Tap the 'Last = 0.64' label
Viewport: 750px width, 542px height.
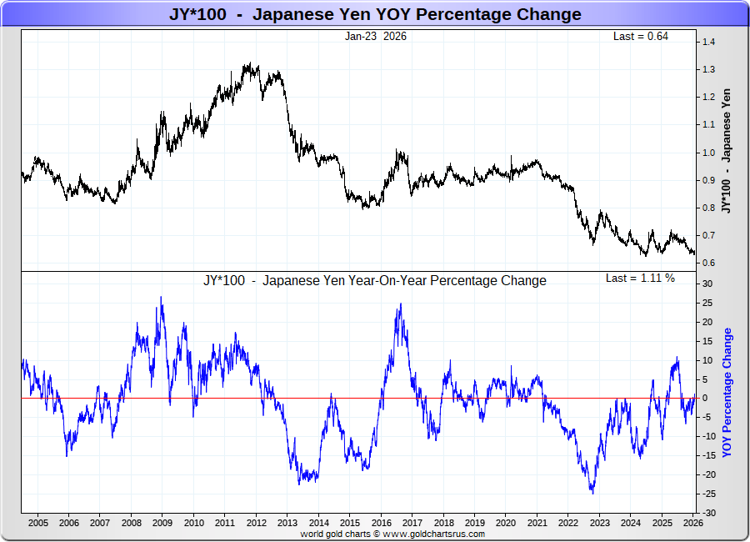point(640,36)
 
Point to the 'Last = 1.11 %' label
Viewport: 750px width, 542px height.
point(640,278)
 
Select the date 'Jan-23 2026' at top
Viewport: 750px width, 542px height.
point(376,36)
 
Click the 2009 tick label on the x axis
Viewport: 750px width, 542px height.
point(162,523)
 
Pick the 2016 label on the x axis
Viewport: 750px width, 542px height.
point(381,523)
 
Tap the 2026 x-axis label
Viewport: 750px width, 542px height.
point(692,523)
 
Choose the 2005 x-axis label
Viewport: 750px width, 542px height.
point(38,523)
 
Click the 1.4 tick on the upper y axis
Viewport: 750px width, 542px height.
point(708,42)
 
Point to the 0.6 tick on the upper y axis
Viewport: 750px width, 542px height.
point(708,263)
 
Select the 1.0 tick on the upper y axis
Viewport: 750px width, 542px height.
point(708,153)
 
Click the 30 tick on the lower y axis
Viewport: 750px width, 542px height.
point(707,284)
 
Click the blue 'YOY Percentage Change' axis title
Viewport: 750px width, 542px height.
point(727,392)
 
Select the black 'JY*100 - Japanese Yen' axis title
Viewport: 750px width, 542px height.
point(727,150)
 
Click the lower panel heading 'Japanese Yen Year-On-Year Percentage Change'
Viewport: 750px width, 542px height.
point(375,280)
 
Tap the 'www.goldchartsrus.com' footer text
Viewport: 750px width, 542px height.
point(433,534)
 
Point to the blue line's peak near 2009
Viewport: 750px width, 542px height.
point(161,298)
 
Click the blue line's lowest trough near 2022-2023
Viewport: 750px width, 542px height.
point(592,493)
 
